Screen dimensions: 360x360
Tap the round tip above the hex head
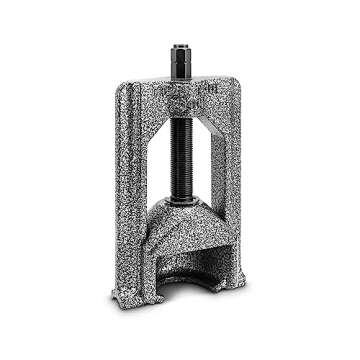coord(181,47)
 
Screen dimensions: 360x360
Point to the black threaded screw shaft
coord(183,150)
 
